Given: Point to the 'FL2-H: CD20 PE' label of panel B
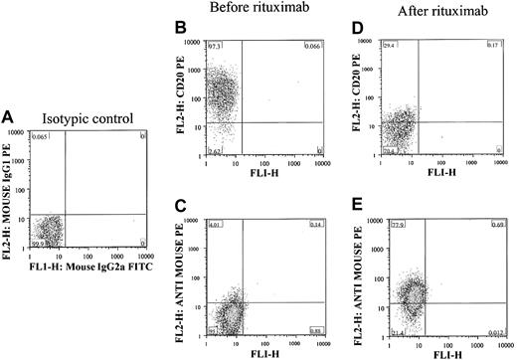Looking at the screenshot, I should point(183,99).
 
